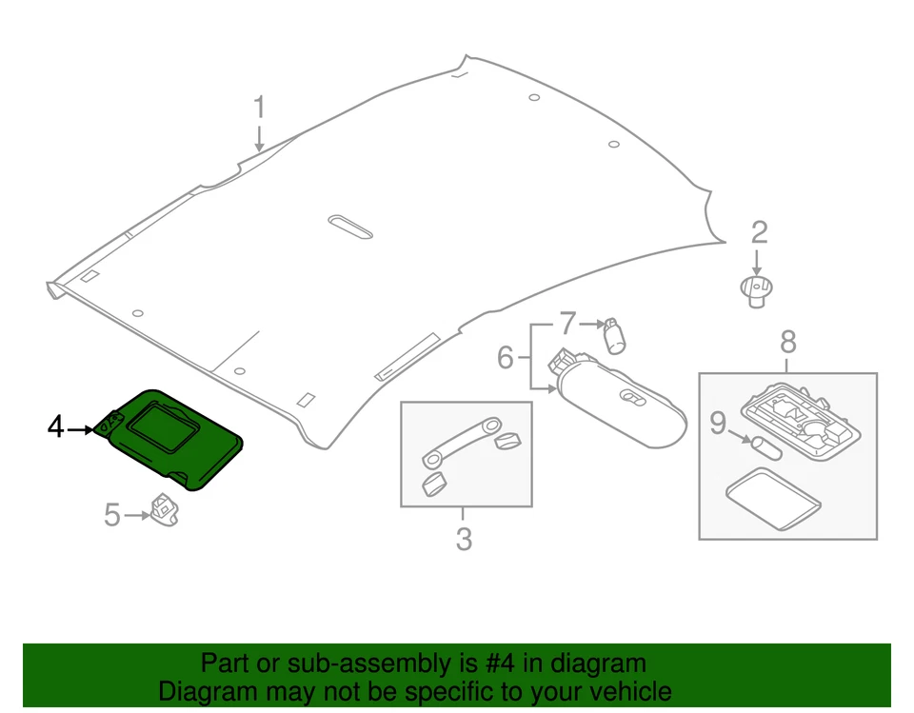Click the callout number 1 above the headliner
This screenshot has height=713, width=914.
259,108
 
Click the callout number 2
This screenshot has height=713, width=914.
759,232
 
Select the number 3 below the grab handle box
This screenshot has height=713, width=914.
464,540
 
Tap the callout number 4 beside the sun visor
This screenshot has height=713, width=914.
56,427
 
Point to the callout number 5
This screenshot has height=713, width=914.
112,515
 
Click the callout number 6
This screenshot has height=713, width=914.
506,358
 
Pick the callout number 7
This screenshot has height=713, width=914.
567,324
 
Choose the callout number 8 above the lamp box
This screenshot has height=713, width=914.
787,341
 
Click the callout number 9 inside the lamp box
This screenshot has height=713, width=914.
717,424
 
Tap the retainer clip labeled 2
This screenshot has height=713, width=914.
757,289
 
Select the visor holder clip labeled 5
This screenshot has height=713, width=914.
166,508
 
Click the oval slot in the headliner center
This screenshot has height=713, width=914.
349,227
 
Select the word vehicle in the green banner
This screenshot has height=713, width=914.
624,692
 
